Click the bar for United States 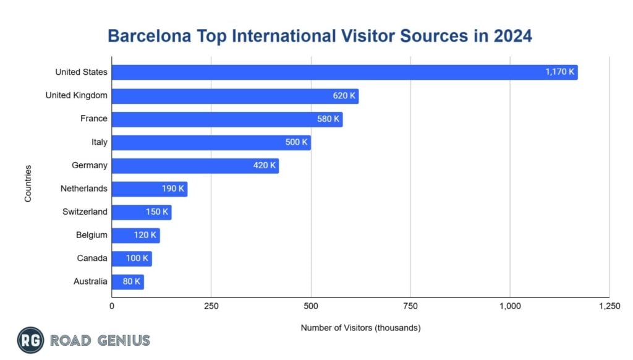pyautogui.click(x=344, y=72)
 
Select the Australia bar pyautogui.click(x=127, y=282)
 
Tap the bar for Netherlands pyautogui.click(x=149, y=189)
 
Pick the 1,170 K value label pyautogui.click(x=559, y=72)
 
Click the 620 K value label pyautogui.click(x=344, y=96)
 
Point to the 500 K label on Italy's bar pyautogui.click(x=295, y=142)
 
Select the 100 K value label pyautogui.click(x=137, y=259)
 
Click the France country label pyautogui.click(x=93, y=119)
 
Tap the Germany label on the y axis pyautogui.click(x=90, y=166)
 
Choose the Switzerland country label pyautogui.click(x=85, y=212)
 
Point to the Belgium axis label pyautogui.click(x=92, y=235)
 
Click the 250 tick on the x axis pyautogui.click(x=211, y=306)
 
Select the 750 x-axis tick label pyautogui.click(x=410, y=306)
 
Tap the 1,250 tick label pyautogui.click(x=609, y=306)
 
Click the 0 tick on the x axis pyautogui.click(x=112, y=306)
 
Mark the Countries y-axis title pyautogui.click(x=28, y=182)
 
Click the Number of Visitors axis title pyautogui.click(x=360, y=328)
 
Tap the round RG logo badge pyautogui.click(x=30, y=340)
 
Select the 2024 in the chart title pyautogui.click(x=512, y=36)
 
